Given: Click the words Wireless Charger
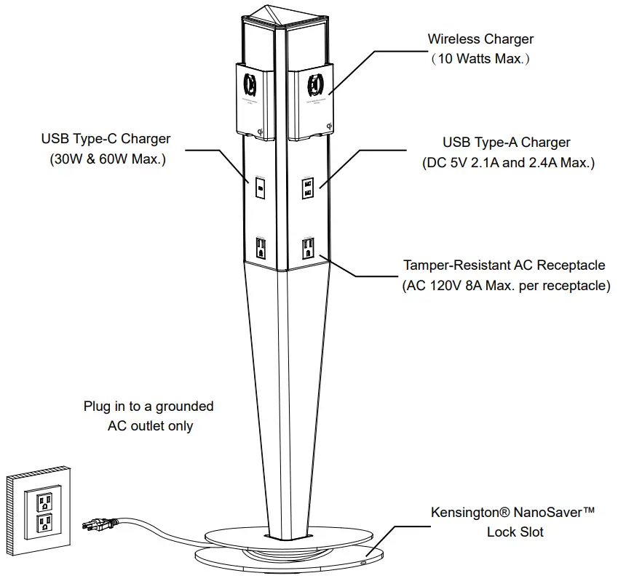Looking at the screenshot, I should point(480,39).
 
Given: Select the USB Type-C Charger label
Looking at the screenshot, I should point(106,138).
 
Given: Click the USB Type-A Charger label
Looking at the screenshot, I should point(507,143).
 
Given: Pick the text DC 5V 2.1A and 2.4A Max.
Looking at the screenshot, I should point(508,163).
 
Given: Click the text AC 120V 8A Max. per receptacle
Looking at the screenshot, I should point(506,286).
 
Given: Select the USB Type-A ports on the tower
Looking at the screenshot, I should point(308,188).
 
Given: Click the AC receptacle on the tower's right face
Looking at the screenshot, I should point(308,247).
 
